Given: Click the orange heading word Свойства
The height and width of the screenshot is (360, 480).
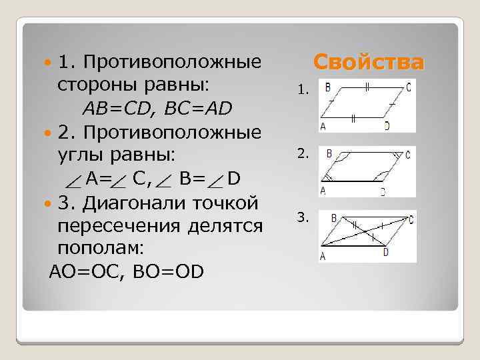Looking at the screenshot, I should tap(368, 63).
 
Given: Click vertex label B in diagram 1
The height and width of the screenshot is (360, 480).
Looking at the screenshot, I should tap(329, 86).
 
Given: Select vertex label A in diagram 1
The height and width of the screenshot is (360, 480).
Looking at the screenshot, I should tap(323, 125).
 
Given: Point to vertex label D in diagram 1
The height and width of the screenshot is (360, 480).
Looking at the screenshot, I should tap(387, 125).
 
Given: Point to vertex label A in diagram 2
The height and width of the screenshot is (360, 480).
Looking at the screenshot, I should tap(323, 191).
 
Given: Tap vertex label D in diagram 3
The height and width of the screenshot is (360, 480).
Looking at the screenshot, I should tap(386, 253).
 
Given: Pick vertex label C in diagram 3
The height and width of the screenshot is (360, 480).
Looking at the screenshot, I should tap(412, 218).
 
